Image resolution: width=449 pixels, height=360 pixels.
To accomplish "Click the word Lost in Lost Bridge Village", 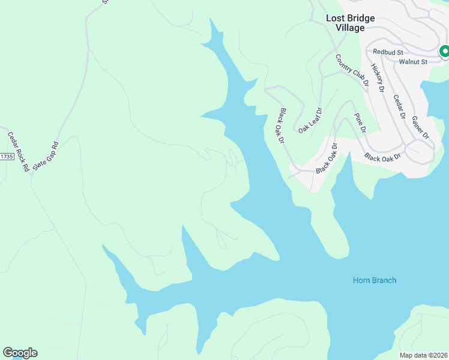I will pos(336,18).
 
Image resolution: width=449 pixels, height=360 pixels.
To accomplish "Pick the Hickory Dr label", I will pos(377,78).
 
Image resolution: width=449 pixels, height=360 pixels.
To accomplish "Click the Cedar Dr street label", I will pos(400,107).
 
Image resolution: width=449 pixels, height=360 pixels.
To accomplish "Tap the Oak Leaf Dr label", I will pos(310,120).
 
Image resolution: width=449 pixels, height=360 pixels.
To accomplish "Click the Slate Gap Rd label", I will pos(46,156).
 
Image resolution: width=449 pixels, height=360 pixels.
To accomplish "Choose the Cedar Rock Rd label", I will pos(18,152).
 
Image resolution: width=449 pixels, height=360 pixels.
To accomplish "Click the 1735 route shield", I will pos(6,157).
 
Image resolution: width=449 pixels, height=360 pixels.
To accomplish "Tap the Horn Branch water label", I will pos(374,280).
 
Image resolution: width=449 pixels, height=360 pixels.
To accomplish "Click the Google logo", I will pos(20,353).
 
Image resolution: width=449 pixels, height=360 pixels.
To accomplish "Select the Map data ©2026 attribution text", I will pos(423,355).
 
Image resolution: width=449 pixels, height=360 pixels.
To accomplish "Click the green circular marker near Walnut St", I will pos(444,52).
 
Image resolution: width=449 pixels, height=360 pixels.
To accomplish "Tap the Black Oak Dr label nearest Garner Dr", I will pos(382,157).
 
